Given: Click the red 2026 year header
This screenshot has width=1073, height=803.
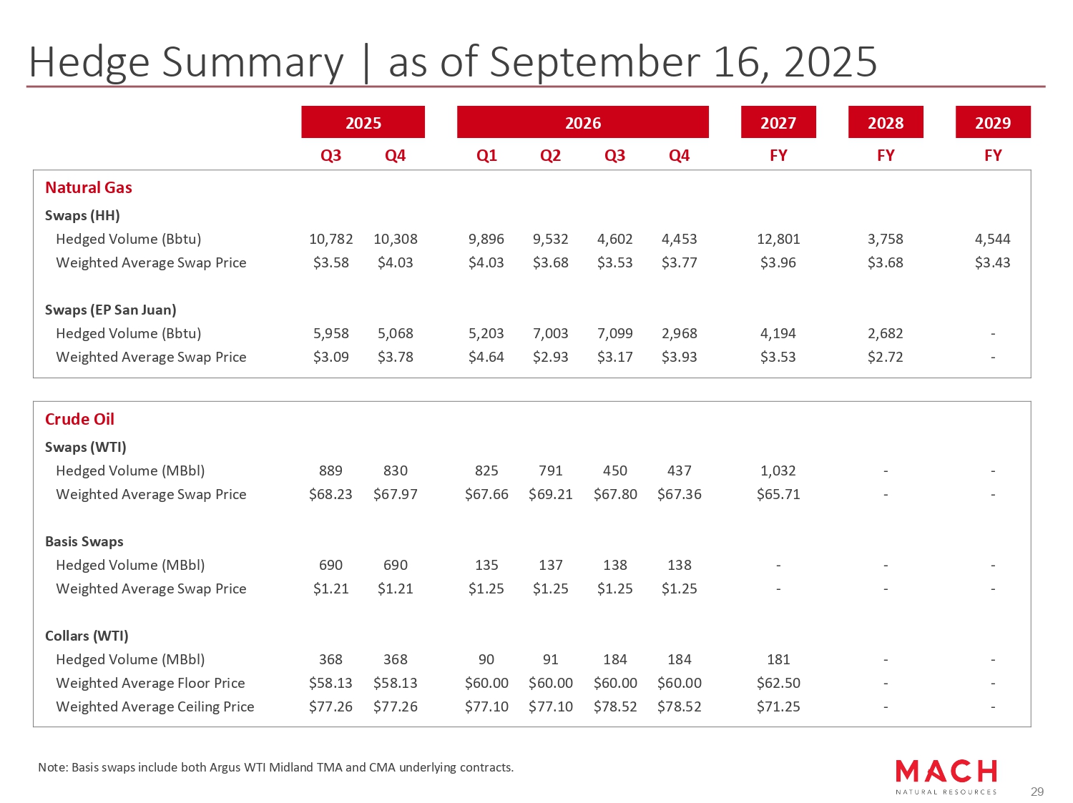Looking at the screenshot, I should tap(582, 123).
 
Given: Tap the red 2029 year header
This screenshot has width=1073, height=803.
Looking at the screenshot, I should tap(992, 123).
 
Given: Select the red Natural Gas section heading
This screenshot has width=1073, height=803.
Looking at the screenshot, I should tap(89, 187).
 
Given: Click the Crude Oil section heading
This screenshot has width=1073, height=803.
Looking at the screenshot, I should tap(79, 419).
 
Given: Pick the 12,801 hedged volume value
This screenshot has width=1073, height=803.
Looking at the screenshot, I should tap(778, 239).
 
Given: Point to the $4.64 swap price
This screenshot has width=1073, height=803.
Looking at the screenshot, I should tap(486, 357).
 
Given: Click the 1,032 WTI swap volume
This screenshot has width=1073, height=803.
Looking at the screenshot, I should tap(778, 471).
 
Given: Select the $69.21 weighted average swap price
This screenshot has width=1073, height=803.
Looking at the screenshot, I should tap(550, 494).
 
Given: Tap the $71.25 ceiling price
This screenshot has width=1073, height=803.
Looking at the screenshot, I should tap(778, 706).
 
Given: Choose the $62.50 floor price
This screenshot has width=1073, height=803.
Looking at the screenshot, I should tap(778, 683).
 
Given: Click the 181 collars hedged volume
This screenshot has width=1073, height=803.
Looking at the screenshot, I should tap(778, 659).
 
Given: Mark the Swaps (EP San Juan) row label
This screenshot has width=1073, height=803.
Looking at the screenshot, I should tap(110, 310).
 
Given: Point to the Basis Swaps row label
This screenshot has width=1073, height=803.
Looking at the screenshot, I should tap(84, 541).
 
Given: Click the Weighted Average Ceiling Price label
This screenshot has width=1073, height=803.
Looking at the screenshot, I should tap(155, 706).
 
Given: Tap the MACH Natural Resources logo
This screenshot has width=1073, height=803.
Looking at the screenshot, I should tap(946, 776).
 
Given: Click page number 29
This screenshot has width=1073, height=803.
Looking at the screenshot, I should tap(1037, 792).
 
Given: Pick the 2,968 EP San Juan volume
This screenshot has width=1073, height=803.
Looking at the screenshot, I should tap(679, 333).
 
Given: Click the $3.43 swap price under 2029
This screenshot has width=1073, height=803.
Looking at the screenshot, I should tap(992, 262).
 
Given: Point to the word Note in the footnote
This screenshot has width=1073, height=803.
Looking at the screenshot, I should tap(52, 767).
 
